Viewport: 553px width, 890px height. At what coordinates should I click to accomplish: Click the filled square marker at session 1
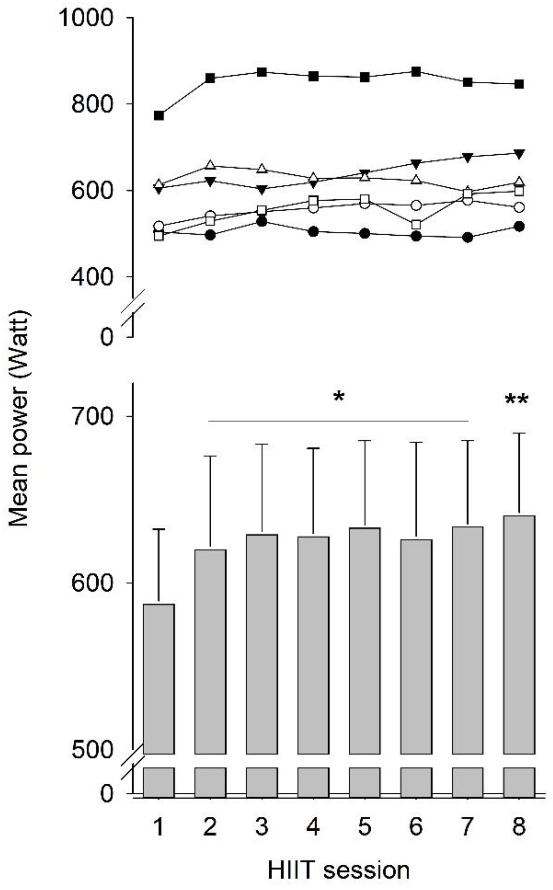(159, 115)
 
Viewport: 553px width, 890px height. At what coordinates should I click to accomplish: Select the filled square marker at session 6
(416, 71)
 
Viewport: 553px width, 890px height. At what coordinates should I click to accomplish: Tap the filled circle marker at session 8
(519, 226)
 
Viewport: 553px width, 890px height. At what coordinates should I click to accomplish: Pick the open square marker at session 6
(416, 224)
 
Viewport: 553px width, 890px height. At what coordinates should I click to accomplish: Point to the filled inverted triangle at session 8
(519, 154)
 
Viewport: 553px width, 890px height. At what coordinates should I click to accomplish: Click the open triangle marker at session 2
(210, 165)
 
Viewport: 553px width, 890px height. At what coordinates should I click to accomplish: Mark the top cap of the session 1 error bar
(159, 529)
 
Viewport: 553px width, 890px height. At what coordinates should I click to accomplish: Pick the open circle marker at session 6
(416, 206)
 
